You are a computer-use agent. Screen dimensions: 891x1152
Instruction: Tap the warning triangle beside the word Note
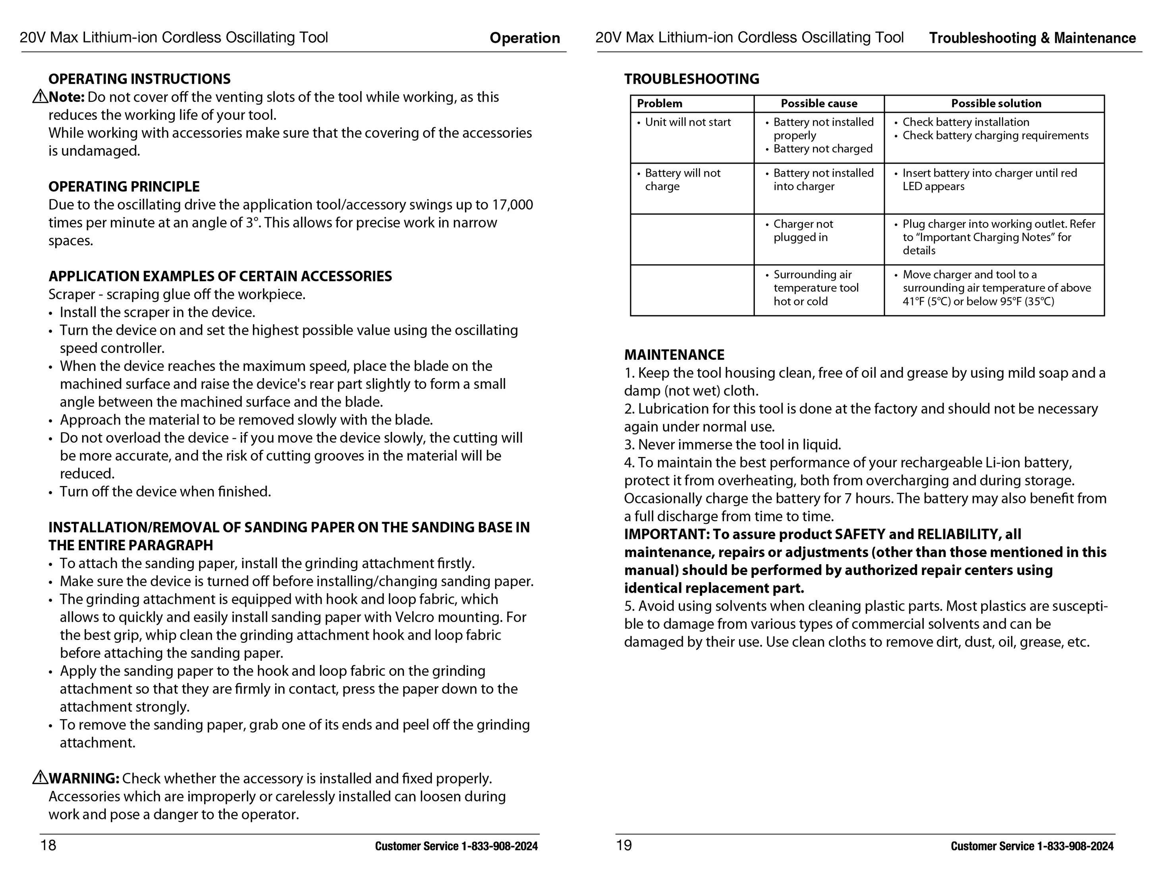(x=40, y=96)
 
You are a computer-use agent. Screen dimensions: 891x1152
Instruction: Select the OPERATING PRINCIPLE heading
(x=124, y=187)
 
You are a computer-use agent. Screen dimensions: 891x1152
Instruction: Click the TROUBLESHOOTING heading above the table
(x=691, y=79)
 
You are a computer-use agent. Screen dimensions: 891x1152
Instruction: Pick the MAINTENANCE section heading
(x=674, y=355)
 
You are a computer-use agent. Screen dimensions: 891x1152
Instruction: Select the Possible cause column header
(x=819, y=103)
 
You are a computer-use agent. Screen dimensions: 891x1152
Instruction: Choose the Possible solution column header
(x=996, y=103)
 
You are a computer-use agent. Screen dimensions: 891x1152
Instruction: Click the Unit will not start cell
(x=688, y=122)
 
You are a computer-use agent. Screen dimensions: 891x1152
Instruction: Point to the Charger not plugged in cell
(x=803, y=231)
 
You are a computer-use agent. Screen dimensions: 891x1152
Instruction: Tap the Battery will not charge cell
(x=683, y=179)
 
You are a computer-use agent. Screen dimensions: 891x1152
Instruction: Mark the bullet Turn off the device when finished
(x=165, y=492)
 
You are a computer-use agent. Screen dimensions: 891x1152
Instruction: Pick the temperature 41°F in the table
(x=914, y=302)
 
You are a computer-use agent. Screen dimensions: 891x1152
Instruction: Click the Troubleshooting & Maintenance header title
(x=1032, y=38)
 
